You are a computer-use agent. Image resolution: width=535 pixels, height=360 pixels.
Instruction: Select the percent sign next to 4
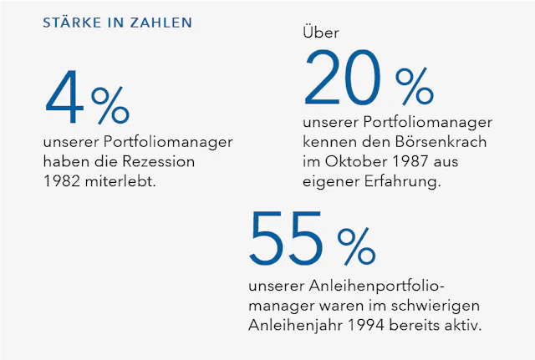110,106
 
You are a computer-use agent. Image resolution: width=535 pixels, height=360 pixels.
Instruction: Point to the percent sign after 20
415,86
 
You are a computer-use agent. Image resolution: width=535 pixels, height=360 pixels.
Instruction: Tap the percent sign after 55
357,245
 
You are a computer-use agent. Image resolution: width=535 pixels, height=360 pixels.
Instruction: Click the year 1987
398,161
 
